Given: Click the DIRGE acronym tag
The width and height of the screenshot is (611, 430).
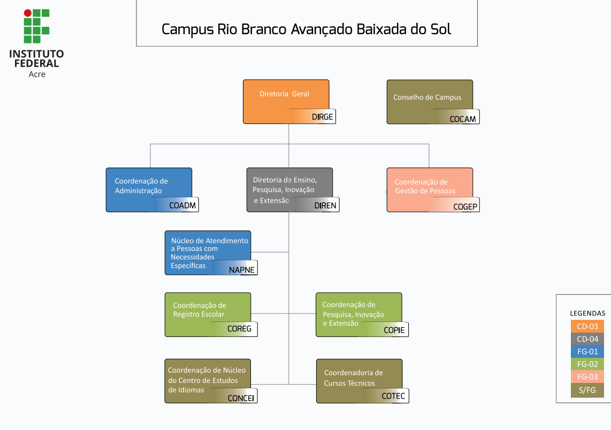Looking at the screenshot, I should pyautogui.click(x=322, y=117).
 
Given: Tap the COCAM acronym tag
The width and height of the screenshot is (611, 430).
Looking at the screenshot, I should pyautogui.click(x=463, y=119).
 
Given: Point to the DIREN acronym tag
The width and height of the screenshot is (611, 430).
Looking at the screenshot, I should pyautogui.click(x=325, y=205).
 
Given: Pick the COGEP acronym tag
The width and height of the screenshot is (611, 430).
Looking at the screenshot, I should pyautogui.click(x=465, y=206).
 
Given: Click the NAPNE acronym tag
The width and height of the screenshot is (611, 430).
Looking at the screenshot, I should pyautogui.click(x=242, y=270).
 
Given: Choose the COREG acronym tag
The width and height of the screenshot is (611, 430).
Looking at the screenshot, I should pyautogui.click(x=239, y=328).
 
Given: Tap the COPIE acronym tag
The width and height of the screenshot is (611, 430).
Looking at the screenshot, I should pyautogui.click(x=394, y=330).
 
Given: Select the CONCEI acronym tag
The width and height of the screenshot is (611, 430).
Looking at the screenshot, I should pyautogui.click(x=241, y=397).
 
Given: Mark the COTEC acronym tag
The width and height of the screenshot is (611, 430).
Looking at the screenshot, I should pyautogui.click(x=393, y=396).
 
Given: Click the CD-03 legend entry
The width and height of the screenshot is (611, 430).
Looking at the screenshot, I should pyautogui.click(x=587, y=326).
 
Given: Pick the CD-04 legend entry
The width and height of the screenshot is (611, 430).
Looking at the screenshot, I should pyautogui.click(x=587, y=339).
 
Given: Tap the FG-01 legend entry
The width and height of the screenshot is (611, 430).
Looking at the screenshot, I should pyautogui.click(x=587, y=352).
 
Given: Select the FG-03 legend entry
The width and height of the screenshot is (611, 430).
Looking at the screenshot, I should pyautogui.click(x=587, y=377).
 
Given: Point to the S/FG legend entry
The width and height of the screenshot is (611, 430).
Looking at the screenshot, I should pyautogui.click(x=587, y=390).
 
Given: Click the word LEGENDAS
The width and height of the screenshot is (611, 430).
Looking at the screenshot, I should pyautogui.click(x=587, y=313).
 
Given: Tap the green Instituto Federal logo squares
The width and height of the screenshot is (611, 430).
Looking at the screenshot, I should pyautogui.click(x=36, y=26).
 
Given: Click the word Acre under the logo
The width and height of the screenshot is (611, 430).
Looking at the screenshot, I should pyautogui.click(x=37, y=74).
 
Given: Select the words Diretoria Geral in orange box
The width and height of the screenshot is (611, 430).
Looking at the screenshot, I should pyautogui.click(x=284, y=94).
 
